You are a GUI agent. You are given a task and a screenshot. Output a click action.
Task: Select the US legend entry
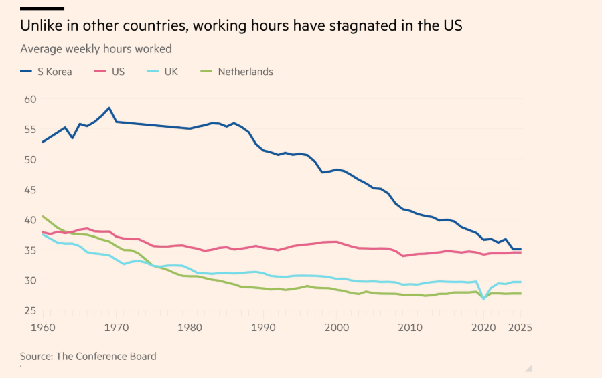pos(110,72)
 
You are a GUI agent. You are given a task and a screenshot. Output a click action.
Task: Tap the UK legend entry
pos(163,72)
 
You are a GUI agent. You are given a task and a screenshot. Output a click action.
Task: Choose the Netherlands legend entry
pos(237,72)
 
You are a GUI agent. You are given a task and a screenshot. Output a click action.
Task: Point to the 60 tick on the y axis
pos(29,99)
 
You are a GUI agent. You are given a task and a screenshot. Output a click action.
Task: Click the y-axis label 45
pos(29,189)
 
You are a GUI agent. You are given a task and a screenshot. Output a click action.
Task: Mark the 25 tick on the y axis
pos(29,310)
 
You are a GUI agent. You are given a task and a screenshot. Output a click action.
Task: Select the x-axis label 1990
pos(262,328)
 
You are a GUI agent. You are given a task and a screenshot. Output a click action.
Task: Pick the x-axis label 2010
pos(410,328)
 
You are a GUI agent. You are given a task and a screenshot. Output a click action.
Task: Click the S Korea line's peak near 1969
pos(109,108)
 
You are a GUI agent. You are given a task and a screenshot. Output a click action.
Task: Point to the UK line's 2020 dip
pos(483,298)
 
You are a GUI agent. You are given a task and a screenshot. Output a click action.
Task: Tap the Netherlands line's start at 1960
pos(43,216)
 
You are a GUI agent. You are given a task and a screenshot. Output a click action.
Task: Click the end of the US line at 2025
pos(520,252)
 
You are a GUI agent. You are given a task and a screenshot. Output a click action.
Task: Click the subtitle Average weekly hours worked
pos(96,49)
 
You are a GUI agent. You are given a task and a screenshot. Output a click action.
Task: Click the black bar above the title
pos(42,9)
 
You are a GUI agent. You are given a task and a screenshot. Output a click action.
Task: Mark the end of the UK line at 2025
pos(520,282)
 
